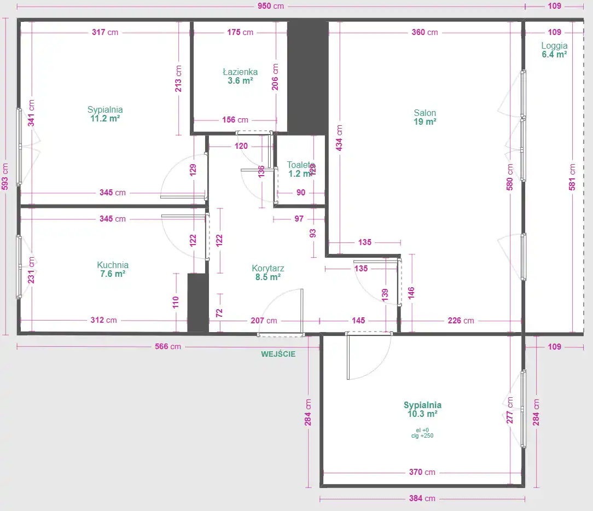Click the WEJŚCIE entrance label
[x=278, y=354]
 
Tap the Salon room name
[x=425, y=113]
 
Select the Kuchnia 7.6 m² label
[x=113, y=269]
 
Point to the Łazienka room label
[x=240, y=72]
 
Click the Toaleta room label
[x=301, y=165]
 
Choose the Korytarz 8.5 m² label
[x=268, y=272]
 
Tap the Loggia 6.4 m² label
[x=554, y=50]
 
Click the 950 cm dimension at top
[x=271, y=6]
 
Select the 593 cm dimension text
[x=5, y=177]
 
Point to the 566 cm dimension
[x=168, y=346]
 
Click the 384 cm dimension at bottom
[x=422, y=498]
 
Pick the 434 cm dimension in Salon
[x=339, y=138]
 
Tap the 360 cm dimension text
[x=425, y=32]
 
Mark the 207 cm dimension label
[x=264, y=321]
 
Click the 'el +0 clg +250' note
[x=422, y=433]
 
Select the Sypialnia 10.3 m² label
[x=422, y=409]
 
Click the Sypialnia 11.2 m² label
[x=105, y=114]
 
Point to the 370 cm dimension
[x=422, y=472]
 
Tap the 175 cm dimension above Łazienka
[x=240, y=32]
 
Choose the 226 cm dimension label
[x=461, y=321]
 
